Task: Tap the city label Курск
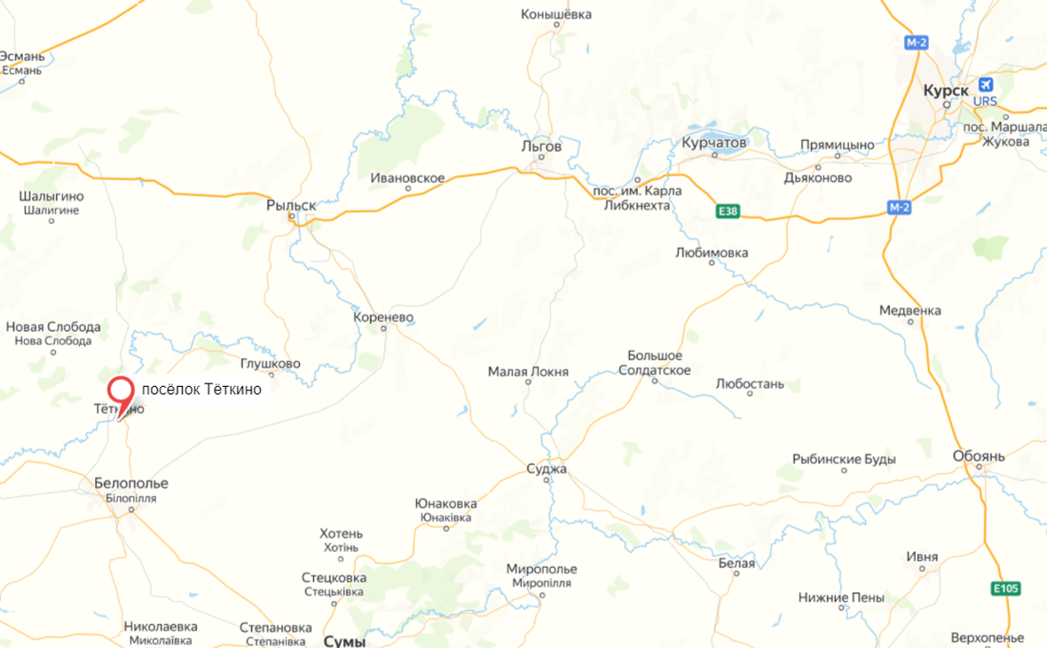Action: [x=946, y=91]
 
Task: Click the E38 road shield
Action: [x=728, y=211]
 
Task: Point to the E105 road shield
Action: [x=1006, y=589]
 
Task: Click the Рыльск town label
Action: [x=291, y=205]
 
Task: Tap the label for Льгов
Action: [x=541, y=146]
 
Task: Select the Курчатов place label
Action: [x=714, y=142]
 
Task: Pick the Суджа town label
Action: [x=546, y=469]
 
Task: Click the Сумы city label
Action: [x=344, y=641]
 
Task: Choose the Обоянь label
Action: [x=979, y=456]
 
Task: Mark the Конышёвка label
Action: [x=556, y=14]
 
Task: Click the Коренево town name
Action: [x=383, y=317]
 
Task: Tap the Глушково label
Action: [x=270, y=364]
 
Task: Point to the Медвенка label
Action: [x=909, y=311]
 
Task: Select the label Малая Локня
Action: [x=528, y=372]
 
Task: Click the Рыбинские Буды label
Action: [x=844, y=459]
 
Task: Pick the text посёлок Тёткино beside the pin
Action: [x=201, y=390]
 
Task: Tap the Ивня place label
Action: [x=922, y=557]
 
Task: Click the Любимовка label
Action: [x=712, y=253]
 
